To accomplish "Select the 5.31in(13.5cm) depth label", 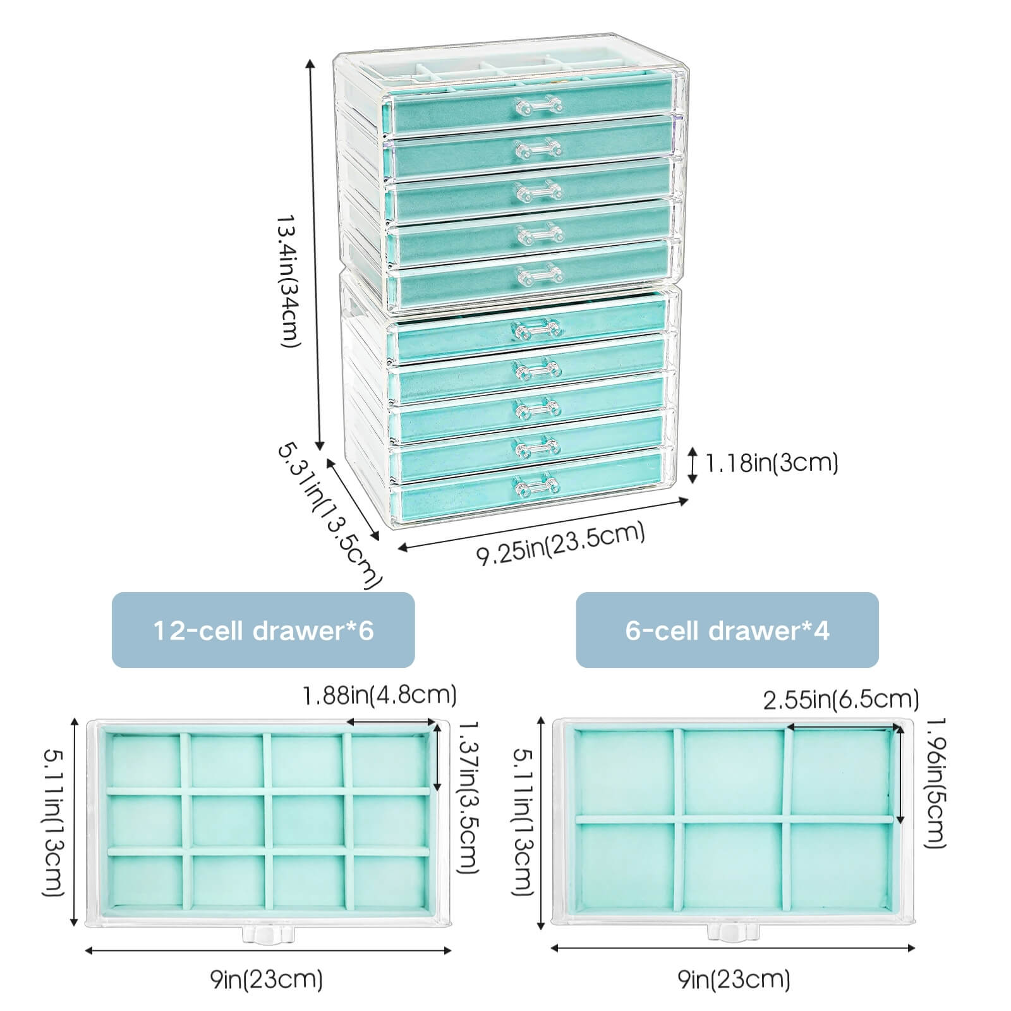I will coord(329,515).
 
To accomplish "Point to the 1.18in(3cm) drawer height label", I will coord(771,464).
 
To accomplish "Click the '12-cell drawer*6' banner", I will coord(263,630).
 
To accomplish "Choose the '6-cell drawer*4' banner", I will coord(727,630).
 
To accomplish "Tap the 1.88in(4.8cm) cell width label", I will coord(379,696).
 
